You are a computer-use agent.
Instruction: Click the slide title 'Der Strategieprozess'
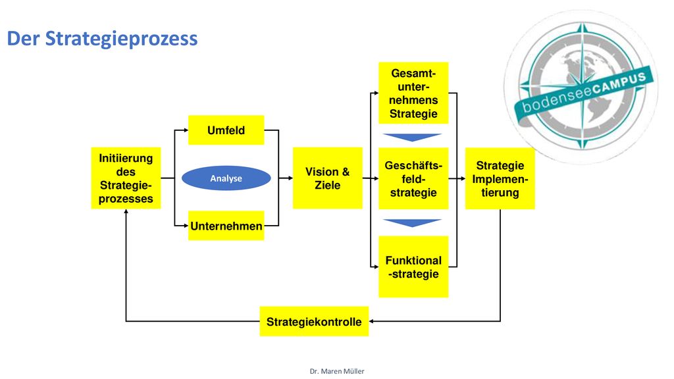102,38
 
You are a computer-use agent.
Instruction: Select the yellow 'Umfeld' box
226,130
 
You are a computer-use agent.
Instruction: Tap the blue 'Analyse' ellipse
226,178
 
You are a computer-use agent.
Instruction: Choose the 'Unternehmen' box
226,226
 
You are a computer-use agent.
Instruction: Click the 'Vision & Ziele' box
328,178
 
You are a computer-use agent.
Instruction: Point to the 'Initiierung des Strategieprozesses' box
126,178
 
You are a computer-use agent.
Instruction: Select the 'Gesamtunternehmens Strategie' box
413,93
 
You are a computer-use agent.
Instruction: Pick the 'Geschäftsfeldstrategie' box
413,178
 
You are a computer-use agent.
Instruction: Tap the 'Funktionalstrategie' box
413,267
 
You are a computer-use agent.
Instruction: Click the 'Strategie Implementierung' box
500,178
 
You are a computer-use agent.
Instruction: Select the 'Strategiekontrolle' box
314,321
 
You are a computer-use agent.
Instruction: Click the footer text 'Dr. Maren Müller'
337,371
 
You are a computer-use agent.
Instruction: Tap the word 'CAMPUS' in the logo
619,85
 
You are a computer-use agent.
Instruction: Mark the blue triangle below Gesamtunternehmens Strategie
412,137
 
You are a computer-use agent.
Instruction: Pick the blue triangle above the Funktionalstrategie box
412,222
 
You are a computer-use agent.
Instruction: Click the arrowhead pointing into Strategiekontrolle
371,321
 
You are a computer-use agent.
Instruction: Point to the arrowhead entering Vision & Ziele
290,178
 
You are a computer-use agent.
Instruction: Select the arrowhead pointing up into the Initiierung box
126,211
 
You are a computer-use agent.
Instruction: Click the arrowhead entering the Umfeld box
186,130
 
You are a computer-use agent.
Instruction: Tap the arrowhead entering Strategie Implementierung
463,178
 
